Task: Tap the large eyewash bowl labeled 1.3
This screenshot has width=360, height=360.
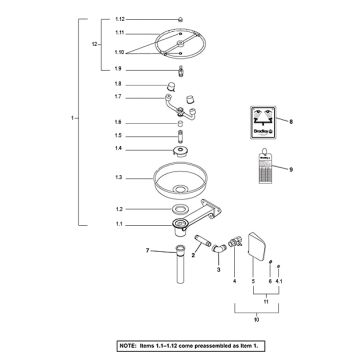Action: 181,181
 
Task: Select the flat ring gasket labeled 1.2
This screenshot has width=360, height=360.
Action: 180,209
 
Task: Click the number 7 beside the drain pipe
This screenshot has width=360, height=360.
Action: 147,250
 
